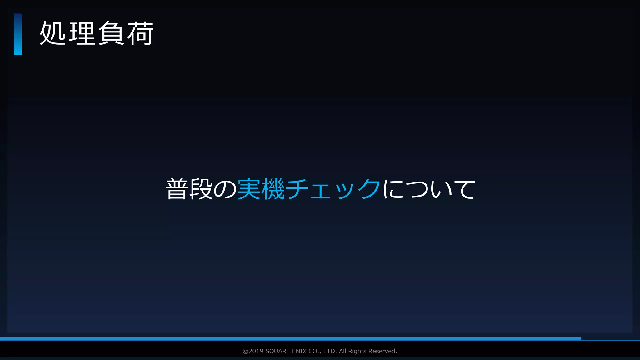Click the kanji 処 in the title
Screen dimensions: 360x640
(x=52, y=33)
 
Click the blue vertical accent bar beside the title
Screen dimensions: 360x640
(x=18, y=34)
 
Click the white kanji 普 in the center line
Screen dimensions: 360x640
(x=177, y=189)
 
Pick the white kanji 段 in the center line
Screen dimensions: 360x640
(x=201, y=189)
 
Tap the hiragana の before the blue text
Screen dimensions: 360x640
(x=225, y=189)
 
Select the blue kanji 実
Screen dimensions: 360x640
(x=249, y=189)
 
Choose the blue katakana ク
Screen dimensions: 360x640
(x=369, y=189)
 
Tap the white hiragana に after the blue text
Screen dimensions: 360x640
(x=393, y=189)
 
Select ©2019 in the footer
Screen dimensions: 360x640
(x=253, y=351)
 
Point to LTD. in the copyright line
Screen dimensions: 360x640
(x=330, y=351)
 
